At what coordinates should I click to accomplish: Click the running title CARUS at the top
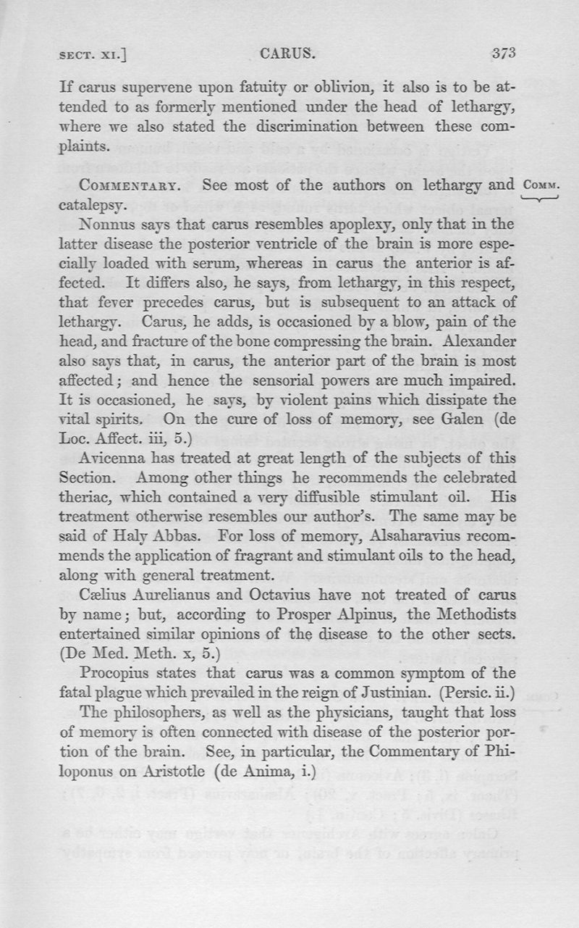pos(284,53)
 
